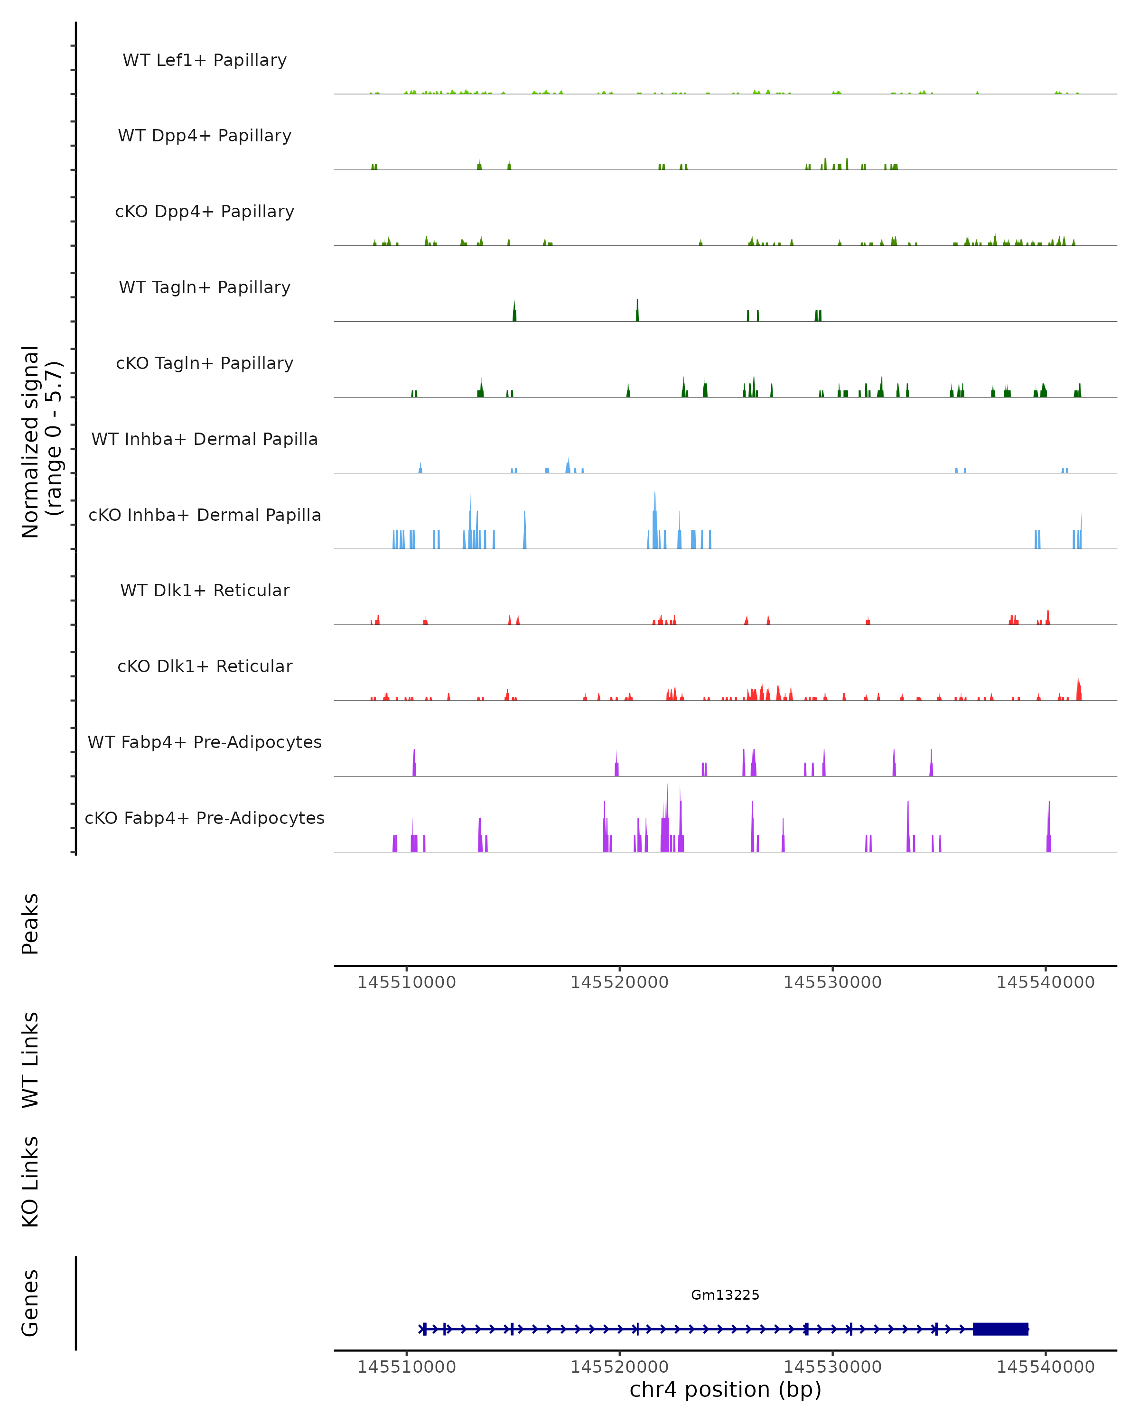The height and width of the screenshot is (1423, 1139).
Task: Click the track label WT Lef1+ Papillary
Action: coord(205,60)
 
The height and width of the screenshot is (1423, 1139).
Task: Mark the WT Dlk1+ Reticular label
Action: coord(205,590)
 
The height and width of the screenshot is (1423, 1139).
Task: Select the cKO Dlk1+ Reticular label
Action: coord(205,666)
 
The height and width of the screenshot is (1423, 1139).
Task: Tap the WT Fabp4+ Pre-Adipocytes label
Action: coord(205,742)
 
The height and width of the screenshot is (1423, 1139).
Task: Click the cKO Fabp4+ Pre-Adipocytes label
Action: coord(205,818)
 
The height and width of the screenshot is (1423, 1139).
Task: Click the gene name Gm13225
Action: coord(725,1295)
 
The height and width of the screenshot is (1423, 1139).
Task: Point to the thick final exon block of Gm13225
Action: coord(1000,1329)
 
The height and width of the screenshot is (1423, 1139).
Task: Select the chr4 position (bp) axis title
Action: coord(725,1389)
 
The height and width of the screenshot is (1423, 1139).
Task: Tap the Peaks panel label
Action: coord(30,924)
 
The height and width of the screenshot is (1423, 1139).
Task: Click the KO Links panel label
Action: coord(30,1182)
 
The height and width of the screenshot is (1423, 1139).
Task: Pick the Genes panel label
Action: coord(30,1303)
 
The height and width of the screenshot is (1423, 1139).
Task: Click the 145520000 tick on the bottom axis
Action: coord(619,1367)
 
